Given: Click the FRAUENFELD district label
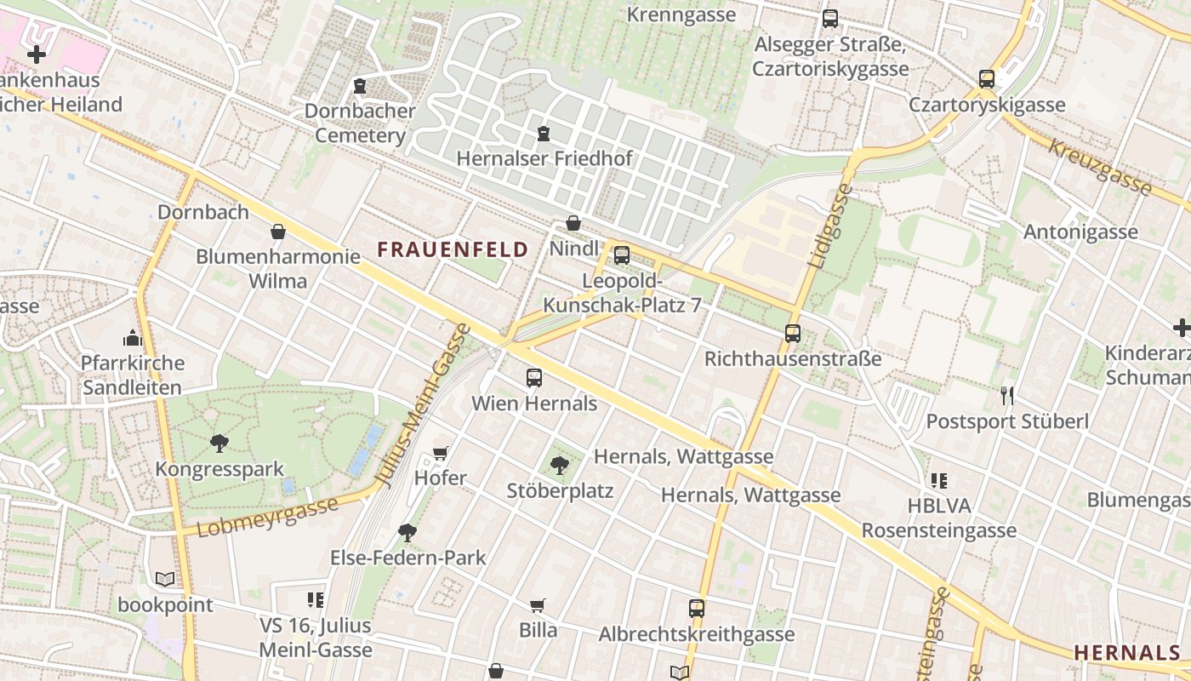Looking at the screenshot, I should pyautogui.click(x=453, y=249).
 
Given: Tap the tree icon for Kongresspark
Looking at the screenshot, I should pyautogui.click(x=219, y=443).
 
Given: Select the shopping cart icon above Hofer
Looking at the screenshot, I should pyautogui.click(x=441, y=453).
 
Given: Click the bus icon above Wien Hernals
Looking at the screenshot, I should pyautogui.click(x=534, y=377).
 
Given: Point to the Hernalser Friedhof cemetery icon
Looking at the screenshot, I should pyautogui.click(x=544, y=134).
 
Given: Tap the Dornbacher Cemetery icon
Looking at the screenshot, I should pyautogui.click(x=360, y=86).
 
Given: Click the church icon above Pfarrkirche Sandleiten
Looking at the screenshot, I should pyautogui.click(x=132, y=338).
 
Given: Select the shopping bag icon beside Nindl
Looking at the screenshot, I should pyautogui.click(x=573, y=224).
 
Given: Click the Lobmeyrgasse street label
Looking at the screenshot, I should pyautogui.click(x=267, y=516).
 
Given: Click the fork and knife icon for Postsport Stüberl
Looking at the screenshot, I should pyautogui.click(x=1007, y=395).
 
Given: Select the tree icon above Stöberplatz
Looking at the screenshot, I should pyautogui.click(x=560, y=465).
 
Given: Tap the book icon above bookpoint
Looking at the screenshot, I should pyautogui.click(x=165, y=580).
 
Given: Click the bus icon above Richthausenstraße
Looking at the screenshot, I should pyautogui.click(x=793, y=334).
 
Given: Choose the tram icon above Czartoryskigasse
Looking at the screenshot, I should pyautogui.click(x=987, y=79).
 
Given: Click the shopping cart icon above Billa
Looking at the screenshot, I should pyautogui.click(x=538, y=605).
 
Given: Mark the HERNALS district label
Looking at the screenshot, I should pyautogui.click(x=1126, y=653).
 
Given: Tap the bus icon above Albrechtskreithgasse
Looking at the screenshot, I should pyautogui.click(x=697, y=609).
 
